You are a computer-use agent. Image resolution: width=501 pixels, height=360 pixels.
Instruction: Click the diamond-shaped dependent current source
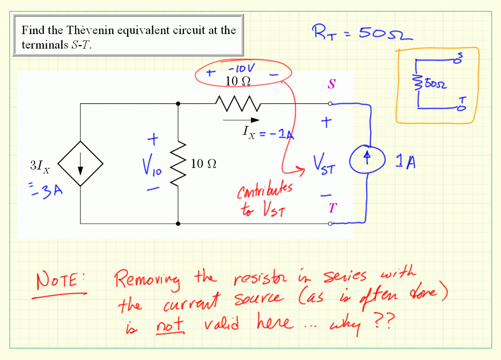80,163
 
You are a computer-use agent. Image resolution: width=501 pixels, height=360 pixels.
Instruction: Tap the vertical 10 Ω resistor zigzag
179,163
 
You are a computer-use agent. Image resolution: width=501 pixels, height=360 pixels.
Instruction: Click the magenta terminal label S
331,84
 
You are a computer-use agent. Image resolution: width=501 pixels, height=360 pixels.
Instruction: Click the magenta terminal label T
331,208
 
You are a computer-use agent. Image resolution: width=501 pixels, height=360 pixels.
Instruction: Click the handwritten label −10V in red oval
241,68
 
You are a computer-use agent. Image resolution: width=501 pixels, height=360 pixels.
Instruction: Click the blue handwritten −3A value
50,190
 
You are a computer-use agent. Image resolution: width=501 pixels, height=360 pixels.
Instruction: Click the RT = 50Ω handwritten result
362,33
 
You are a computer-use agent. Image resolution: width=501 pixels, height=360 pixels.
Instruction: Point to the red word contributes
265,192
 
